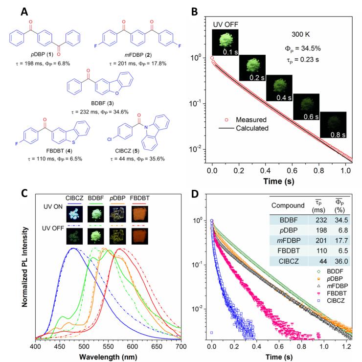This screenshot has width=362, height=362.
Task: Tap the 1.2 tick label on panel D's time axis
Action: click(x=346, y=345)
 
